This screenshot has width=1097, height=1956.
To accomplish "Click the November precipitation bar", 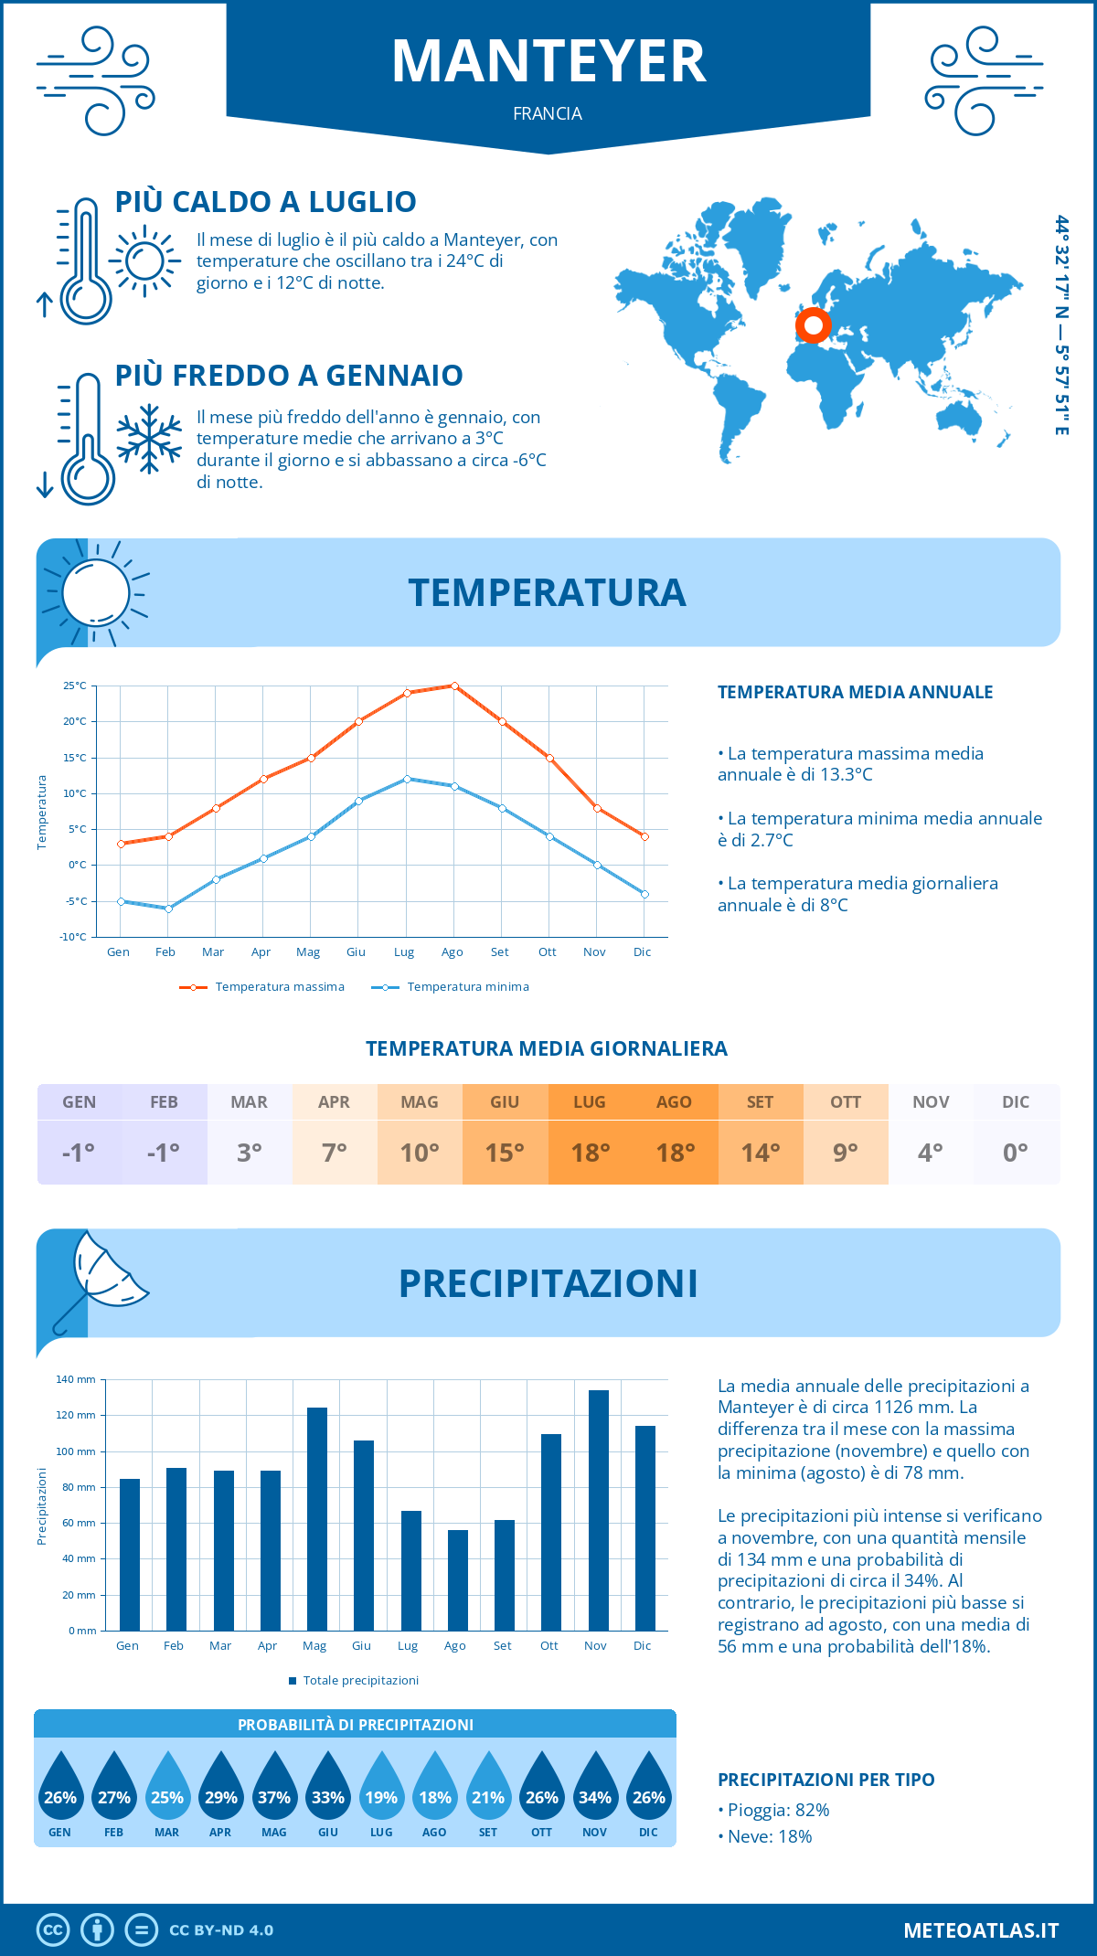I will pos(599,1510).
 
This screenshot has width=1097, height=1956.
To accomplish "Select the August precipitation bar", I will pos(458,1580).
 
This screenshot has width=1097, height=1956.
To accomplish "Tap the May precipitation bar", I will pos(317,1519).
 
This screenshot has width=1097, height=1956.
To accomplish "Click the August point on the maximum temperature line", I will pos(454,686).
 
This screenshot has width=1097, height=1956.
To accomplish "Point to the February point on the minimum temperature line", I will pos(168,909).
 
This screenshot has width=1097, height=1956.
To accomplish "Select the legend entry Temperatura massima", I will pos(262,987).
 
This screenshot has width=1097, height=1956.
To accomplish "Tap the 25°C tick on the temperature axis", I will pos(75,686).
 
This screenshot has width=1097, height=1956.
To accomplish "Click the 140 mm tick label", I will pos(76,1379).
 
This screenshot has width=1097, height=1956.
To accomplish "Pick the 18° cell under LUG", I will pos(590,1153).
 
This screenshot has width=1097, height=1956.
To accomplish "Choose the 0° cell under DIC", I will pos(1016,1153).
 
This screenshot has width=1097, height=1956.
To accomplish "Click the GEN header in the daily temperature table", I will pos(80,1102).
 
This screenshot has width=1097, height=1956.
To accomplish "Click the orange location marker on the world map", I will pos(813,324).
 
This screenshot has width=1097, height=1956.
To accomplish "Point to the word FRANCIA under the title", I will pos(548,113).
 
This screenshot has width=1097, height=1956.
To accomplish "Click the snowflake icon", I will pos(149,439).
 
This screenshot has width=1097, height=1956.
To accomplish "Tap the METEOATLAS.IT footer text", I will pos(981,1930).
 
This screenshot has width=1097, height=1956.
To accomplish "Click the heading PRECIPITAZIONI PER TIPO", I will pos(826,1780).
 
